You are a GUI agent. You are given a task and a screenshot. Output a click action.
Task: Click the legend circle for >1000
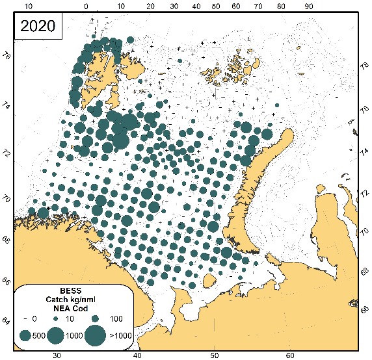95,335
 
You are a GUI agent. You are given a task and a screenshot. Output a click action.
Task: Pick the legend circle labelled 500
26,335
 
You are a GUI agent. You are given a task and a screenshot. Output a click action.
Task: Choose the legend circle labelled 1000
55,335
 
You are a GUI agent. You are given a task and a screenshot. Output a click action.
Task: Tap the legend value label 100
117,320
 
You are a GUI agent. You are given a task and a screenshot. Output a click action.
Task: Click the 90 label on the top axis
310,6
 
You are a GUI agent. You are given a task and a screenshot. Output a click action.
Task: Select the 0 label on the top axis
87,6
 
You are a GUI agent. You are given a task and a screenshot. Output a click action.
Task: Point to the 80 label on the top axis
281,6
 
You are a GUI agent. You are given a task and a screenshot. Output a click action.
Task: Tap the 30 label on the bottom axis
57,355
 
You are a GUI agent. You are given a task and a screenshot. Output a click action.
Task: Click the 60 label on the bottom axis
291,355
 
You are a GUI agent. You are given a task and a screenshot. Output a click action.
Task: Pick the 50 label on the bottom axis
214,355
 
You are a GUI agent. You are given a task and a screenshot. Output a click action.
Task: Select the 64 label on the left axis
6,320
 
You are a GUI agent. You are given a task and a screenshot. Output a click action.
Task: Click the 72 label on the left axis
6,153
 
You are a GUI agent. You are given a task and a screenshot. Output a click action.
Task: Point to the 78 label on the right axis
366,64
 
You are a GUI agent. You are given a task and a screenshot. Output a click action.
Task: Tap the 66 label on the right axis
366,311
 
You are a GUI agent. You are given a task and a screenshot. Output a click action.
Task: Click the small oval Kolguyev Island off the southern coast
210,281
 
